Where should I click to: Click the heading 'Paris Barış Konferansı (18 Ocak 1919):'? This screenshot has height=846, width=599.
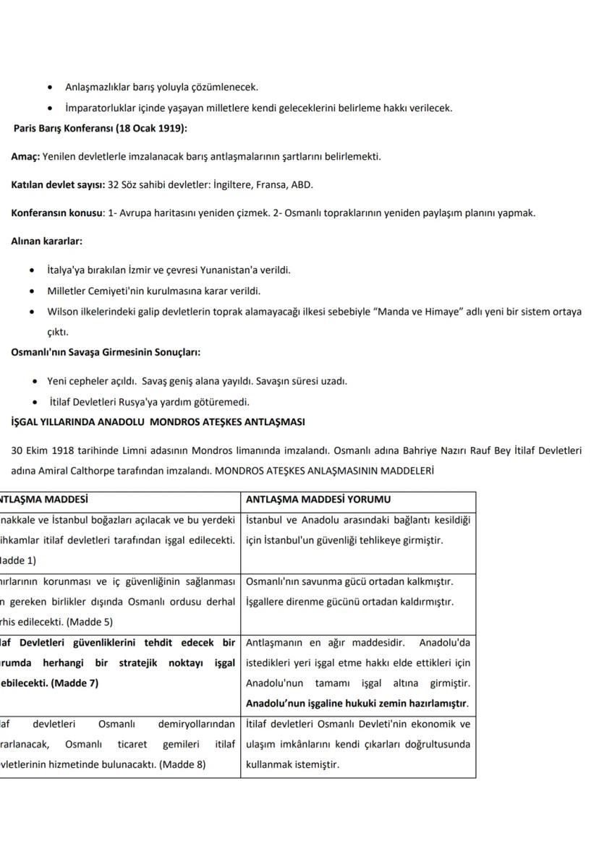click(x=100, y=129)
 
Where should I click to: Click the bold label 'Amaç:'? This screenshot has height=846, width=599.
click(x=25, y=156)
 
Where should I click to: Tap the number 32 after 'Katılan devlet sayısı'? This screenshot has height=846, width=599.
click(x=113, y=184)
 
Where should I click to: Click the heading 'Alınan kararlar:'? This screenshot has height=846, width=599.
click(x=46, y=241)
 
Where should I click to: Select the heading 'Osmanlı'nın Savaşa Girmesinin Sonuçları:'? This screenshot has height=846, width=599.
click(x=106, y=353)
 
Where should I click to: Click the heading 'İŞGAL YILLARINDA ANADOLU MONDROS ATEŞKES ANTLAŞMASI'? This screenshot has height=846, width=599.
click(x=158, y=422)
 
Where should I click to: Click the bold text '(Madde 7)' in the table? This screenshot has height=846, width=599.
click(x=75, y=683)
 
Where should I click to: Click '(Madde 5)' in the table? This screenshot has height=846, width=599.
click(x=90, y=621)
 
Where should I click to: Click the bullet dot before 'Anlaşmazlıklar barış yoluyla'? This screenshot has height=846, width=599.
click(x=48, y=87)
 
